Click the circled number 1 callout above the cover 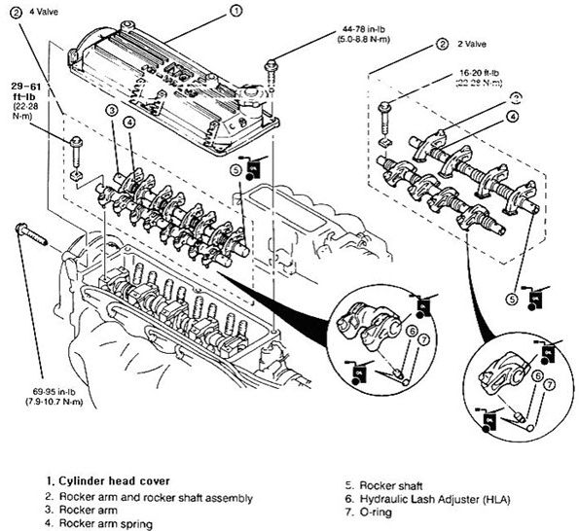click(x=236, y=12)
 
